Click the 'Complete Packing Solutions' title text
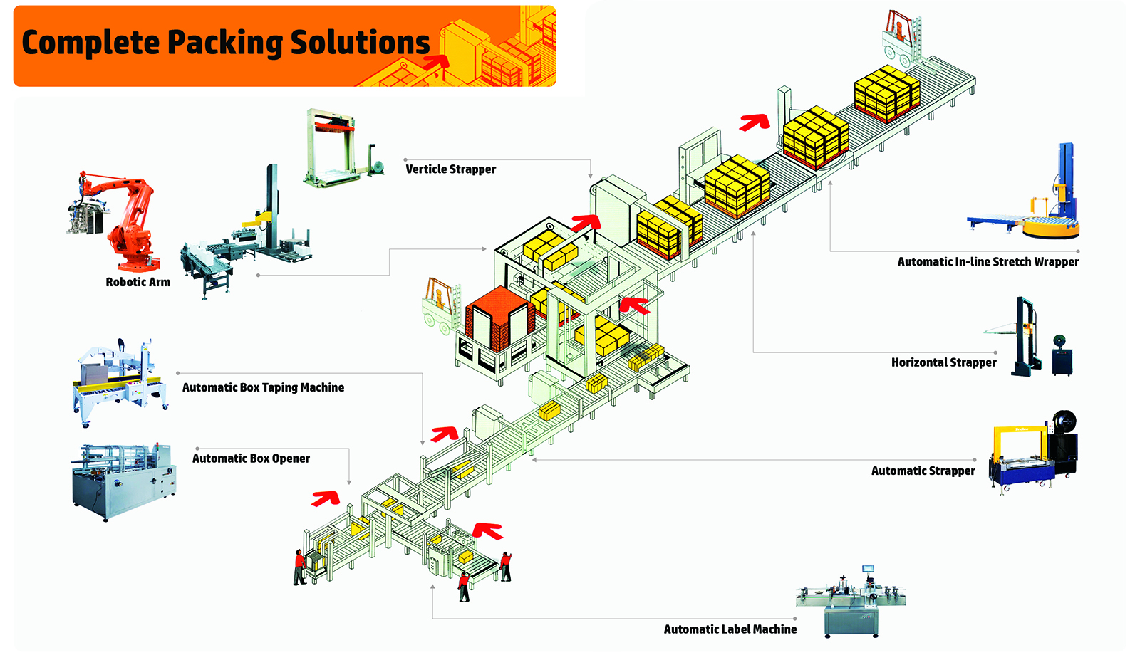point(225,43)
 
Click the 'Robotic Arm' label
point(138,282)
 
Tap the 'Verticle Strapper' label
point(450,169)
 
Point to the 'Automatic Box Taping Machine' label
point(263,387)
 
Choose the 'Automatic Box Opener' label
point(251,459)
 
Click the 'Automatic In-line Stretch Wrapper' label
point(988,262)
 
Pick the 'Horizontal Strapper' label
point(943,362)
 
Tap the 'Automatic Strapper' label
point(923,471)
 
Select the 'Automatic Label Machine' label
point(730,629)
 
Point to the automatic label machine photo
point(851,602)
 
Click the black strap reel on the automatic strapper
point(1064,421)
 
